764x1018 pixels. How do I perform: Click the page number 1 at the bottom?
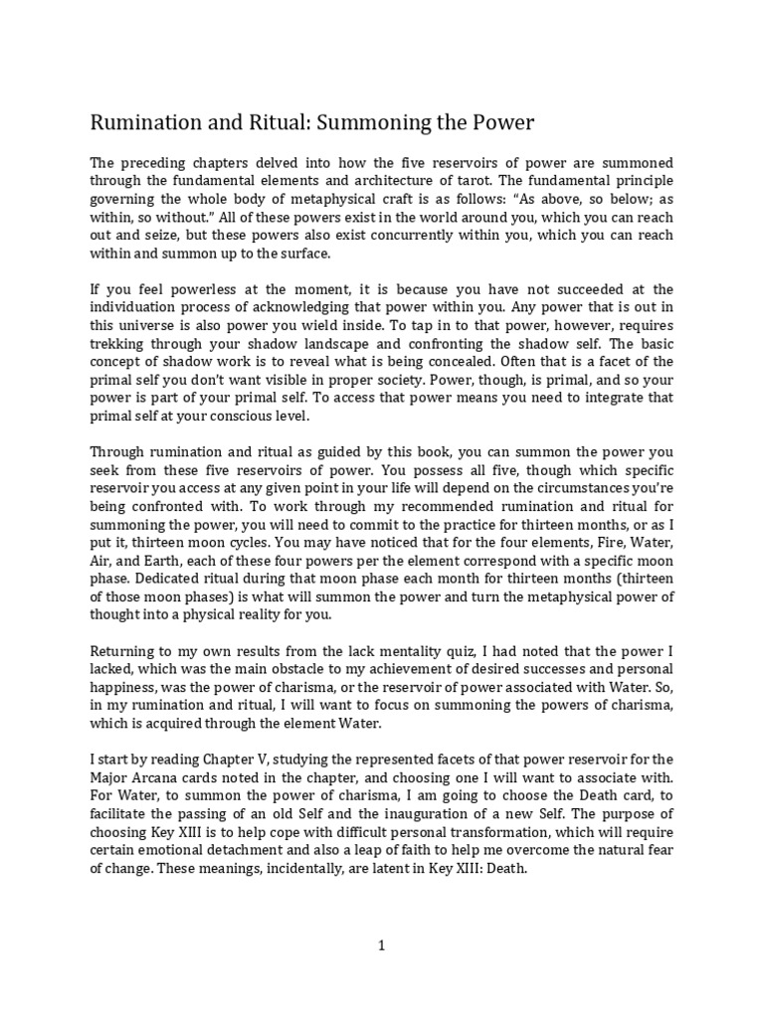(381, 946)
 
